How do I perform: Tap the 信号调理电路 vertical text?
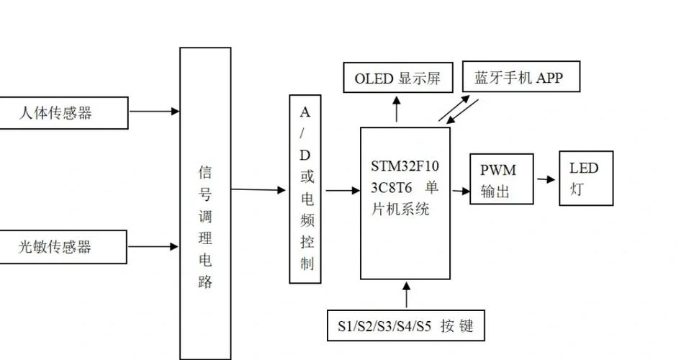point(205,227)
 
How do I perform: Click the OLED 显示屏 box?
point(397,78)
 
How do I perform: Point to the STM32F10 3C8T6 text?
point(405,177)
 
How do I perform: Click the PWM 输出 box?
point(502,179)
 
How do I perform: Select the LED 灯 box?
point(586,179)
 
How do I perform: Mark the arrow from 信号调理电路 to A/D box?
point(258,189)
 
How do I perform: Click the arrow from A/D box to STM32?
point(342,191)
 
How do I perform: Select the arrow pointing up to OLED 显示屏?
point(396,109)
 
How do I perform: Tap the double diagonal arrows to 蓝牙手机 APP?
point(457,109)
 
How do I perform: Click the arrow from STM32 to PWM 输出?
point(460,191)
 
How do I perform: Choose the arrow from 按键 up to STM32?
point(407,294)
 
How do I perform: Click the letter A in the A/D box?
point(305,112)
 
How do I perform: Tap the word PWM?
point(498,170)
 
